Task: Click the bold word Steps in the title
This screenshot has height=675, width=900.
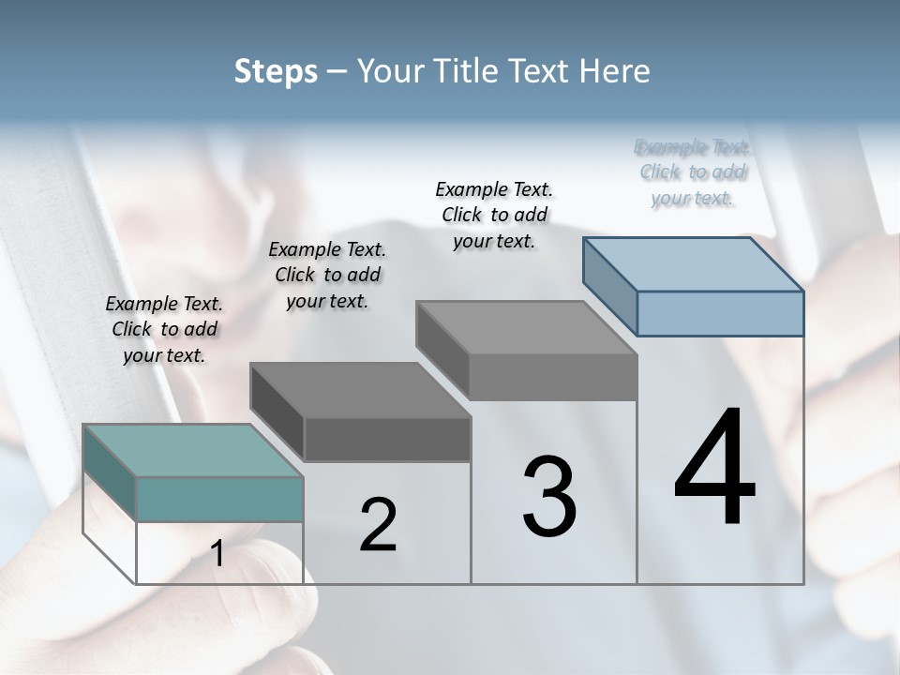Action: [x=276, y=71]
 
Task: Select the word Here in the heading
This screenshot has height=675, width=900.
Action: [x=615, y=71]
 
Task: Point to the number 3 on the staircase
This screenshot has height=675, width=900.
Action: [x=549, y=496]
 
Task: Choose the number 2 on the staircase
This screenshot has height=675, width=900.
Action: [x=378, y=525]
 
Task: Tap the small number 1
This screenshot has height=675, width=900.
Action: [x=217, y=554]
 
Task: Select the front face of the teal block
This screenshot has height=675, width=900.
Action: [x=219, y=499]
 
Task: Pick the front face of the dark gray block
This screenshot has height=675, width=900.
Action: [x=387, y=440]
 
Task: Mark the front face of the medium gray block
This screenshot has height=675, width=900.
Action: [x=553, y=378]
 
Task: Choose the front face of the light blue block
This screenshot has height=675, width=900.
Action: [x=720, y=313]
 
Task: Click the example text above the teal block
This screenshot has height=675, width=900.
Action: [x=164, y=329]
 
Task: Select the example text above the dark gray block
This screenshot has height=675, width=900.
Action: [x=327, y=275]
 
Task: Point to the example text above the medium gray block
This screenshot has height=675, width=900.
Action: [x=494, y=215]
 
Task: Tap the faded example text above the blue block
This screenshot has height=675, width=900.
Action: [x=693, y=172]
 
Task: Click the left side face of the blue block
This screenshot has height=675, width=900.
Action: [x=609, y=286]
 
